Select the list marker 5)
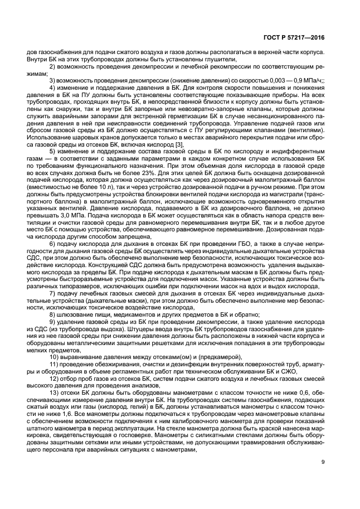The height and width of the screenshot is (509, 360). pos(52,152)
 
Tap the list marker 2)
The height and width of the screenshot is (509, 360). pos(52,66)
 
